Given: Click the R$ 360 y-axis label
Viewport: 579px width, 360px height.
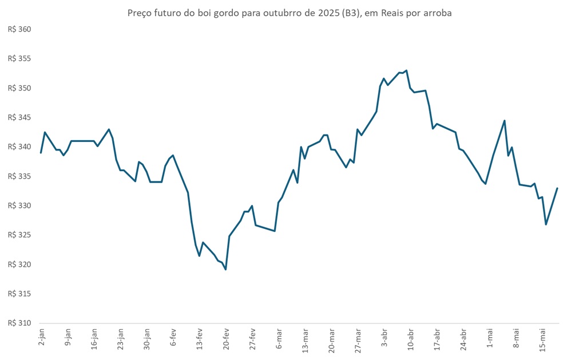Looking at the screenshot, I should [19, 29].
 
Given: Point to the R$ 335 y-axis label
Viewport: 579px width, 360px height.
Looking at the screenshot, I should [19, 176].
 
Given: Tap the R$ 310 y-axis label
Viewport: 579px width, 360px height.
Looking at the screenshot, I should [19, 323].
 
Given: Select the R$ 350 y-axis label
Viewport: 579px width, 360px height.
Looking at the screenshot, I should [19, 88].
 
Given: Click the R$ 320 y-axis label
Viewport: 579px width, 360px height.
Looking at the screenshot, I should [19, 264].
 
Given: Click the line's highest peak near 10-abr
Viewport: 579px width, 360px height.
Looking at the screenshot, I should [406, 70].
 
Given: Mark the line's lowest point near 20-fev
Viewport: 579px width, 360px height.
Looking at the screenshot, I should [225, 270].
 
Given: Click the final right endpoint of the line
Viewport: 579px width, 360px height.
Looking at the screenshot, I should [557, 188].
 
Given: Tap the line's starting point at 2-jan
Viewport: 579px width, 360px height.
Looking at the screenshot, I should [41, 153].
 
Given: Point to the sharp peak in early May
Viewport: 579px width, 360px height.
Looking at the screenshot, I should [504, 120].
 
